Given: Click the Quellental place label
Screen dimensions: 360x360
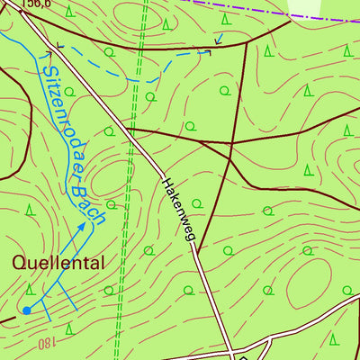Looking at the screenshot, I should click(58, 264).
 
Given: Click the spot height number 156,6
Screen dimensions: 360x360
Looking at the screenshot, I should click(37, 4).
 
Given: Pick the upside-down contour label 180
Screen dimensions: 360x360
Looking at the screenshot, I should click(47, 343).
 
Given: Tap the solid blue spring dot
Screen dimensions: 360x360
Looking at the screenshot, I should click(26, 310).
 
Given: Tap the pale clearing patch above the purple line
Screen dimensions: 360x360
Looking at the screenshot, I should click(306, 7).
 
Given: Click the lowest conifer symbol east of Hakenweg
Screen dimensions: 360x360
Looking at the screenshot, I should click(334, 338).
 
